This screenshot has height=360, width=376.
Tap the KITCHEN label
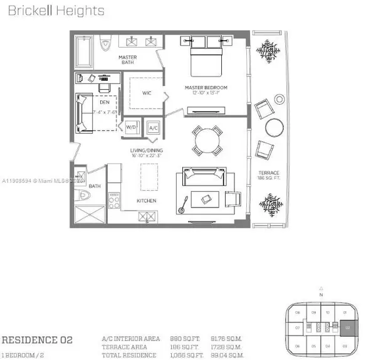[x=145, y=201]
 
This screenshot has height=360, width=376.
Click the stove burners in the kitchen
[x=115, y=201]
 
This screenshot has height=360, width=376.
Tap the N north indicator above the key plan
[x=320, y=294]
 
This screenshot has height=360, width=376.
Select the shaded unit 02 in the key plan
[x=349, y=327]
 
